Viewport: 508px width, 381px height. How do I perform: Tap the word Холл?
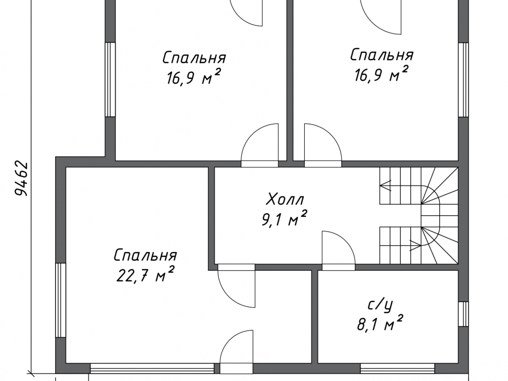click(x=285, y=199)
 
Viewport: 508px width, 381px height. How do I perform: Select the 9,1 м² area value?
click(x=284, y=219)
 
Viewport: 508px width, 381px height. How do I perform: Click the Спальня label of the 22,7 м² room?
click(x=145, y=255)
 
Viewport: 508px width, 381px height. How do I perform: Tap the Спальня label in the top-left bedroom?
click(x=194, y=58)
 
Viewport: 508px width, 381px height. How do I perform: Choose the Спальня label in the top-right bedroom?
click(x=382, y=55)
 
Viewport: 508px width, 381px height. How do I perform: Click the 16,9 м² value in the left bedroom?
click(x=194, y=77)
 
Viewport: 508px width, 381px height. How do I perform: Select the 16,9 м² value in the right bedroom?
click(x=381, y=74)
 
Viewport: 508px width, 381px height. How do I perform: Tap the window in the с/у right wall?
click(x=464, y=314)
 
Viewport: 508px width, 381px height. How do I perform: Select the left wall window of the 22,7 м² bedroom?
click(x=61, y=300)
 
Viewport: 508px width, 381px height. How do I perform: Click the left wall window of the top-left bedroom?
click(x=111, y=79)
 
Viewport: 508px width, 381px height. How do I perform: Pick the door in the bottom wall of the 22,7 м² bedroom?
click(x=237, y=352)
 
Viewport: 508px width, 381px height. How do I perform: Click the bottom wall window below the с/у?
click(x=397, y=369)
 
